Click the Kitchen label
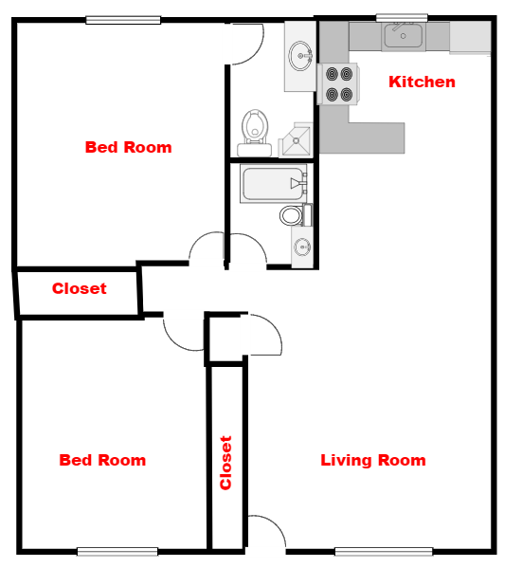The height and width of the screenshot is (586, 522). click(x=422, y=82)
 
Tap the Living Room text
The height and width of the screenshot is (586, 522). click(x=373, y=460)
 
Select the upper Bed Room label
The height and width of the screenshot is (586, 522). click(x=129, y=147)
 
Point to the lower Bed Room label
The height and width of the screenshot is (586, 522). click(x=102, y=460)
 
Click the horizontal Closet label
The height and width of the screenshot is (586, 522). click(x=80, y=288)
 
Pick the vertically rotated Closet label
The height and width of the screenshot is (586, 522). click(x=225, y=463)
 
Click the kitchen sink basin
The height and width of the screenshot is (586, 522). click(x=404, y=36)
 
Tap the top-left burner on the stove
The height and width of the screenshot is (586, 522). click(x=332, y=74)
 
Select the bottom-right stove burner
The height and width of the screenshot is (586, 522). click(x=347, y=95)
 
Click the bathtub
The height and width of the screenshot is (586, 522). click(x=274, y=184)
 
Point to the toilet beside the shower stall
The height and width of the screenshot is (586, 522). click(x=255, y=134)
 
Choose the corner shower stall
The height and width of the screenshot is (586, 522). click(x=296, y=140)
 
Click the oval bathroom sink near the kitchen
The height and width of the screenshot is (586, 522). click(x=300, y=56)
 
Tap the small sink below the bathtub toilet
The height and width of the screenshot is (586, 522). click(x=302, y=247)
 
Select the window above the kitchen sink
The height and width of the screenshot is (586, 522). click(x=402, y=18)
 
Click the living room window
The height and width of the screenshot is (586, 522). click(x=384, y=551)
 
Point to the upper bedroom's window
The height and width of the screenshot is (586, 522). click(x=123, y=20)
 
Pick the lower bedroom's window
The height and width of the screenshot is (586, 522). click(x=117, y=551)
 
